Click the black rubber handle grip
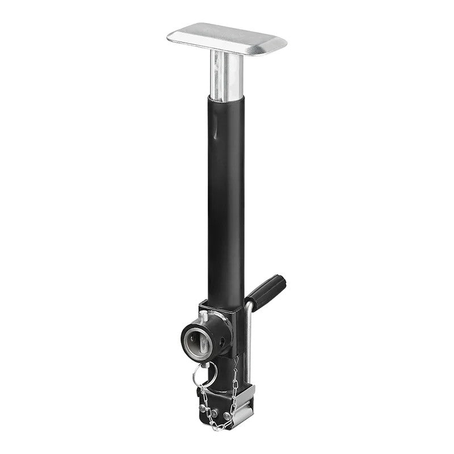pyautogui.click(x=267, y=291)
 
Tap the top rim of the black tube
pyautogui.click(x=226, y=99)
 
